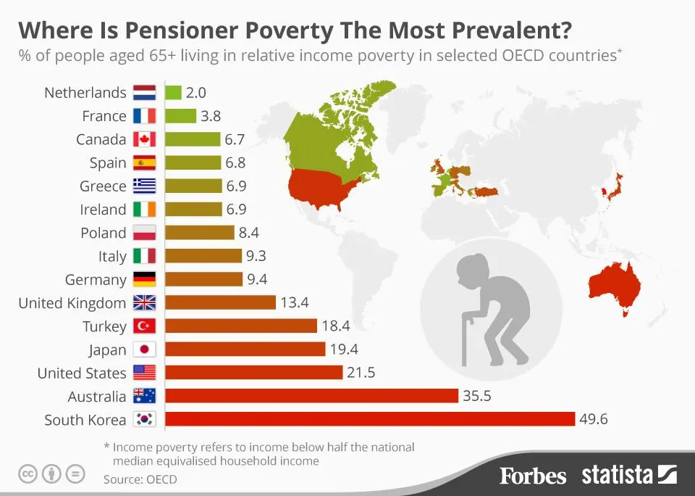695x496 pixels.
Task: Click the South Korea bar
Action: click(x=370, y=419)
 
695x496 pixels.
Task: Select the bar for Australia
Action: click(x=311, y=396)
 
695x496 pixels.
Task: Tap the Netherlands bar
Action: click(x=173, y=92)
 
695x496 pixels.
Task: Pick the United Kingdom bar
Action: click(x=220, y=302)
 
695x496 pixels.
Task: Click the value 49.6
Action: click(x=594, y=419)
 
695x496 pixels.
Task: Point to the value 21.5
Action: click(x=361, y=373)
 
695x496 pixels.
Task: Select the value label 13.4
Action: click(x=295, y=302)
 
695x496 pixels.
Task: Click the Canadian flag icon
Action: click(x=145, y=139)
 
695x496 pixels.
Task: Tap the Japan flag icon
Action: click(x=145, y=350)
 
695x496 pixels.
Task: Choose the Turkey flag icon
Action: click(x=145, y=326)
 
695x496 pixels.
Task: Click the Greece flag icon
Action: click(x=145, y=186)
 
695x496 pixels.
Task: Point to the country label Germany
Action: click(x=96, y=280)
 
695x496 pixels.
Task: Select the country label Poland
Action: click(x=104, y=233)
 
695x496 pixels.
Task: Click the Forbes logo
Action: click(x=533, y=476)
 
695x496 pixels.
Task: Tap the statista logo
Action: click(x=628, y=475)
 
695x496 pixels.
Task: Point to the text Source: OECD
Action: click(x=140, y=479)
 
